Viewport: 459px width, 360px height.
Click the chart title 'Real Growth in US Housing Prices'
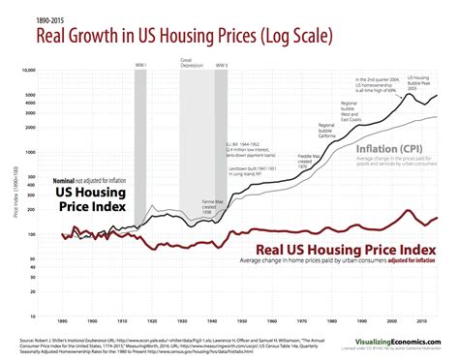pos(184,37)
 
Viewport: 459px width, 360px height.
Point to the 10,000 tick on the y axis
pos(56,71)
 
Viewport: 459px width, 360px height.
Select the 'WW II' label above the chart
pos(222,66)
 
